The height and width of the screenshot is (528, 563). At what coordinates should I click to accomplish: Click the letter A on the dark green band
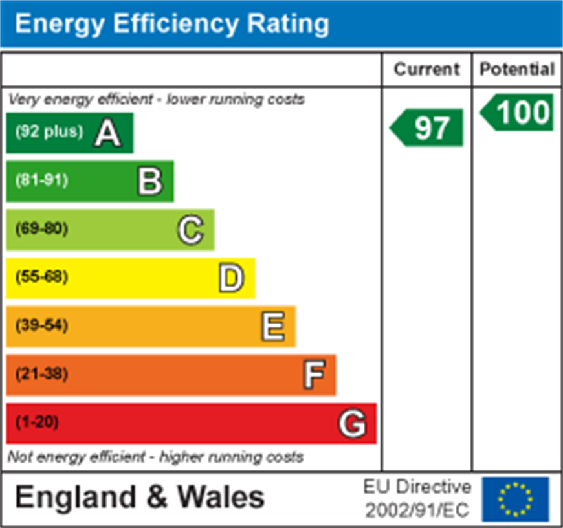pos(107,133)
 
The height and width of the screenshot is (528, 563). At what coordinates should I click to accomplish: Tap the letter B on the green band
pos(149,181)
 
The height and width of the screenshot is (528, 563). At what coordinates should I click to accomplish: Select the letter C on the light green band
pos(190,230)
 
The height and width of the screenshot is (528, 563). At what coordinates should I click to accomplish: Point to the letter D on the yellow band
pos(231,278)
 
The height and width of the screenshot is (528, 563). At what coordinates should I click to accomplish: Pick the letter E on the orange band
pos(272,326)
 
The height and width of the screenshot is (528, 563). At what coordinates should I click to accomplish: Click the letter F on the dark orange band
pos(313,375)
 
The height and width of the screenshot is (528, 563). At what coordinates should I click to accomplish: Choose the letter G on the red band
pos(353,424)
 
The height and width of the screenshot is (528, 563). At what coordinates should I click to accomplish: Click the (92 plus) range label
pos(49,132)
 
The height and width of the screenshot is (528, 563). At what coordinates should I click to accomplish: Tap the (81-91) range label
pos(41,181)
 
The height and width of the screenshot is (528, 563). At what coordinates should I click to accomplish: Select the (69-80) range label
pos(41,229)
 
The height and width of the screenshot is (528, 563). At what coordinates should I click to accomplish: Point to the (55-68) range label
pos(41,278)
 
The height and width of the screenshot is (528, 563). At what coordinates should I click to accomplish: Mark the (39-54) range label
pos(41,325)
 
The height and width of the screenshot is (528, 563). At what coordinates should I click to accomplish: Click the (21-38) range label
pos(41,374)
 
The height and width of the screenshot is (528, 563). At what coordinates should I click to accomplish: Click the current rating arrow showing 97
pos(428,127)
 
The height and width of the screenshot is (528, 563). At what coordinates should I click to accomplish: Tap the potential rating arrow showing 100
pos(518,113)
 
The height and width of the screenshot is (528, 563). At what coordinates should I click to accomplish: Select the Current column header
pos(426,69)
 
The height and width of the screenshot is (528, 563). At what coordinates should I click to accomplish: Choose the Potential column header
pos(517,69)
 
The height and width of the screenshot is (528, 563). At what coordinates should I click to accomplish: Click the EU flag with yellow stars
pos(515,500)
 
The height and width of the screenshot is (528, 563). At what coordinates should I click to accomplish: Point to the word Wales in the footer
pos(221,498)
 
